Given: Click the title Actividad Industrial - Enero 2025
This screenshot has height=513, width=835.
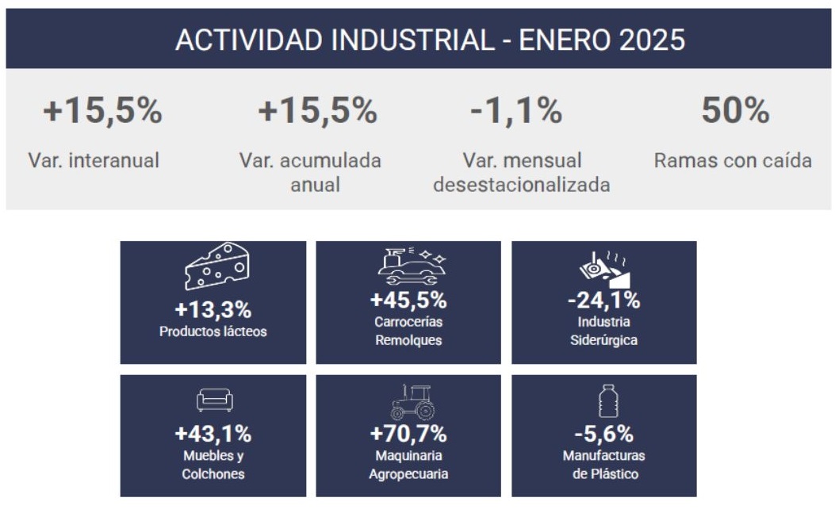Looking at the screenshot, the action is click(x=430, y=40).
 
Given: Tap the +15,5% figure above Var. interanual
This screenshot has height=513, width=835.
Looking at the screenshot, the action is click(x=102, y=110).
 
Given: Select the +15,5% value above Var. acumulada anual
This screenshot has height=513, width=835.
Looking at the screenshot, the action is click(x=317, y=110).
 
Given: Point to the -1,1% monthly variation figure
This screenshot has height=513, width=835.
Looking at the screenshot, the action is click(x=516, y=110).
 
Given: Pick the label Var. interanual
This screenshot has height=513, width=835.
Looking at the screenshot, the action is click(x=94, y=160).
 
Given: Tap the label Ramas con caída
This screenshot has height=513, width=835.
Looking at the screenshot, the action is click(x=733, y=160).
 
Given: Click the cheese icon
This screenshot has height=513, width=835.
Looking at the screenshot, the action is click(x=216, y=266).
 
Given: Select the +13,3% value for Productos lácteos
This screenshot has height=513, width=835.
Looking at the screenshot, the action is click(x=213, y=309).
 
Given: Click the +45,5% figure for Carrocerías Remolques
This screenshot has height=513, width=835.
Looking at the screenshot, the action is click(x=408, y=300).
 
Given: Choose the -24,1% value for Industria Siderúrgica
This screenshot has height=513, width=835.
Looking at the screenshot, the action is click(x=604, y=300).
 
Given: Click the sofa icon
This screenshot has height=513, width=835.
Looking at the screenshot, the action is click(x=215, y=400).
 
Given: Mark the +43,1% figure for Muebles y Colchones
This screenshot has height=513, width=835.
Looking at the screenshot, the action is click(x=213, y=434).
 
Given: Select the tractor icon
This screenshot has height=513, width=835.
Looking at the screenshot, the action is click(x=412, y=402).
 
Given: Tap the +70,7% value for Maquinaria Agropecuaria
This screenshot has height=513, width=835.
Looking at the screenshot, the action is click(x=408, y=434).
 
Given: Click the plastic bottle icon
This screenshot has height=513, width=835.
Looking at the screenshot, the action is click(x=608, y=401).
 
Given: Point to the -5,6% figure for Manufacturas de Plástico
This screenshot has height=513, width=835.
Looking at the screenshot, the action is click(x=604, y=434).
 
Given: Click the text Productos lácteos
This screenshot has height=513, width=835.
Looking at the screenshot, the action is click(x=213, y=331).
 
